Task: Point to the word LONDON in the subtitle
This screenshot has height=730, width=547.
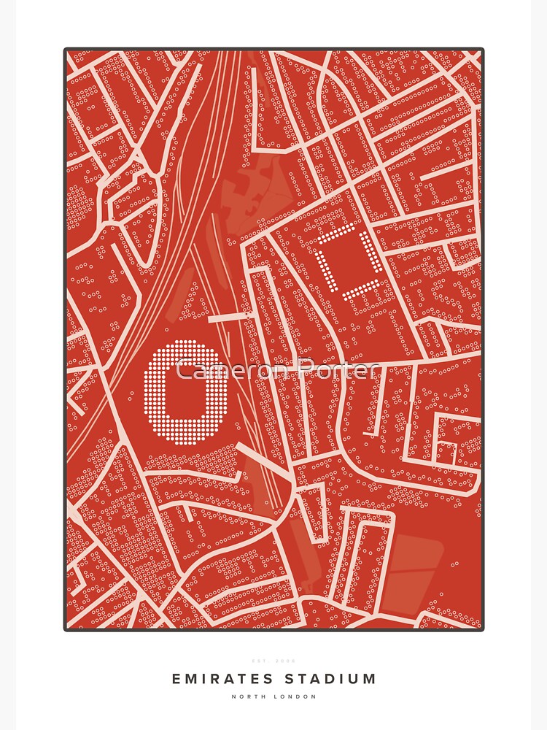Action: (x=295, y=696)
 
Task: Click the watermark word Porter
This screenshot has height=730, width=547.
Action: (x=338, y=370)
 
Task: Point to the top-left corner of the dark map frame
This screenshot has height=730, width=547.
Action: (x=66, y=50)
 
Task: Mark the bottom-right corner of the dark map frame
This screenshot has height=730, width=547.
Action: (x=482, y=629)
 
